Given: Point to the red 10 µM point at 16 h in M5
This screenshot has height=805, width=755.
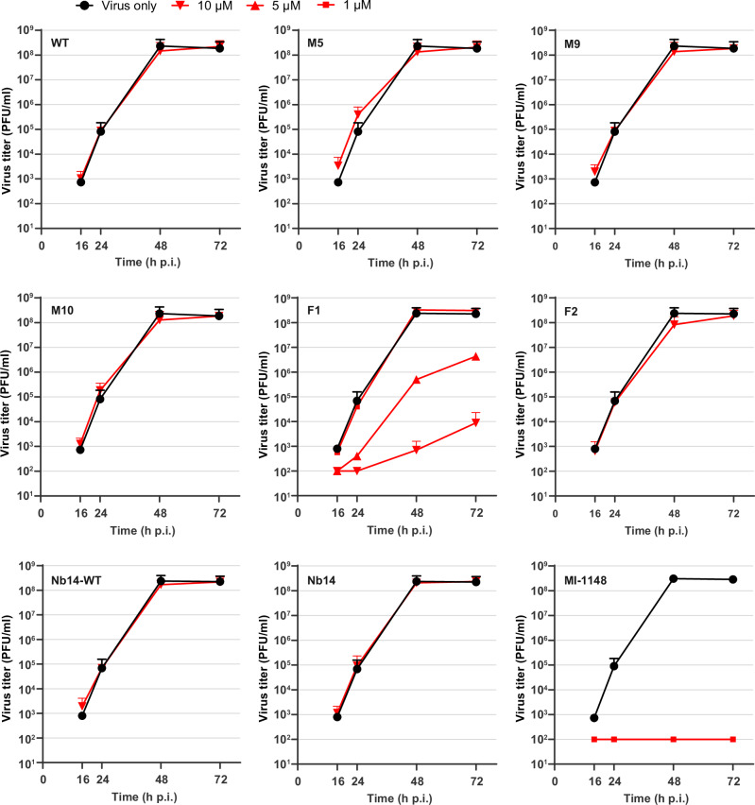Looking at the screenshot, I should (337, 165).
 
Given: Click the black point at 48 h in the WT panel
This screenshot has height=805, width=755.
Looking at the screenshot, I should (161, 45).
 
